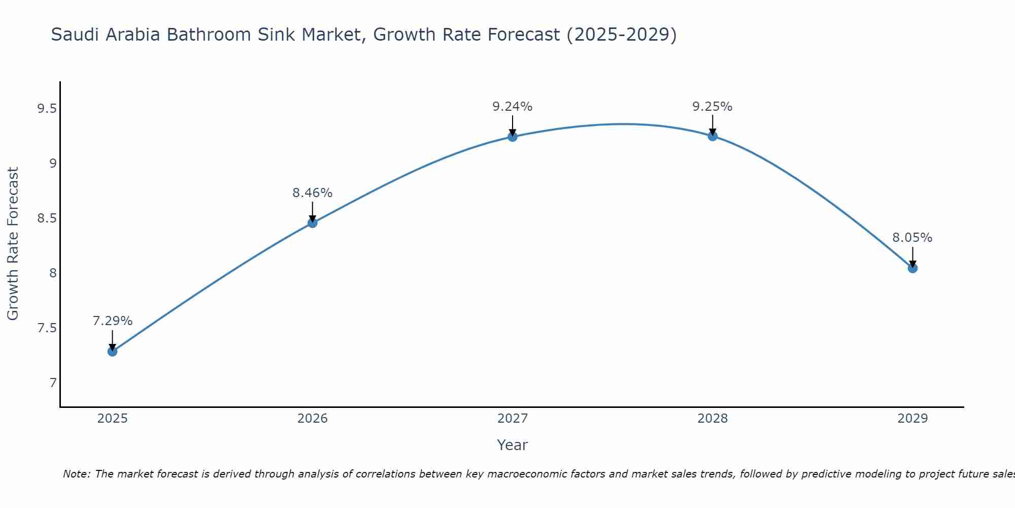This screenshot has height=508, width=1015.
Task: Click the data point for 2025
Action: pos(112,351)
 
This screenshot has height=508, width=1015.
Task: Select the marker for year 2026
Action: pos(312,223)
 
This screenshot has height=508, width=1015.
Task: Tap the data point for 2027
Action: pos(512,137)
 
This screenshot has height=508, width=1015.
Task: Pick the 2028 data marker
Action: pos(712,136)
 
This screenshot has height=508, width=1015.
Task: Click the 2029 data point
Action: pos(912,268)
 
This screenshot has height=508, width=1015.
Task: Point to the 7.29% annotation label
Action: pos(112,321)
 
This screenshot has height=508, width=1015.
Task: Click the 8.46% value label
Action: pos(312,193)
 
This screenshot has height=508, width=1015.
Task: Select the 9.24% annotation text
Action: pos(512,107)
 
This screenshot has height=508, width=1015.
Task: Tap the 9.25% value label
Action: pos(712,107)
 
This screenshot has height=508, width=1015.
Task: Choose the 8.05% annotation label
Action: pos(912,238)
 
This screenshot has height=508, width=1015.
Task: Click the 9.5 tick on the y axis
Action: pos(47,109)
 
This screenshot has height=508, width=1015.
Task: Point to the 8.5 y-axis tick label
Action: pos(47,218)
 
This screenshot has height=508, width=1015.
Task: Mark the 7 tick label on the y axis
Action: pos(53,383)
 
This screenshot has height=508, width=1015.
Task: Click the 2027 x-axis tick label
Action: pos(512,419)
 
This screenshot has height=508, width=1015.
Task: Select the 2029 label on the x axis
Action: pos(912,419)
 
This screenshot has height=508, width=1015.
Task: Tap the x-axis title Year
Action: pos(512,445)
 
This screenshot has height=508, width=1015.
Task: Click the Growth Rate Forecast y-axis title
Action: pos(13,244)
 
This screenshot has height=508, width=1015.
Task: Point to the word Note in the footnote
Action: pos(76,474)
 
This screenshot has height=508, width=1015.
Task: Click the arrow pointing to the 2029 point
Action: pos(912,257)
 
